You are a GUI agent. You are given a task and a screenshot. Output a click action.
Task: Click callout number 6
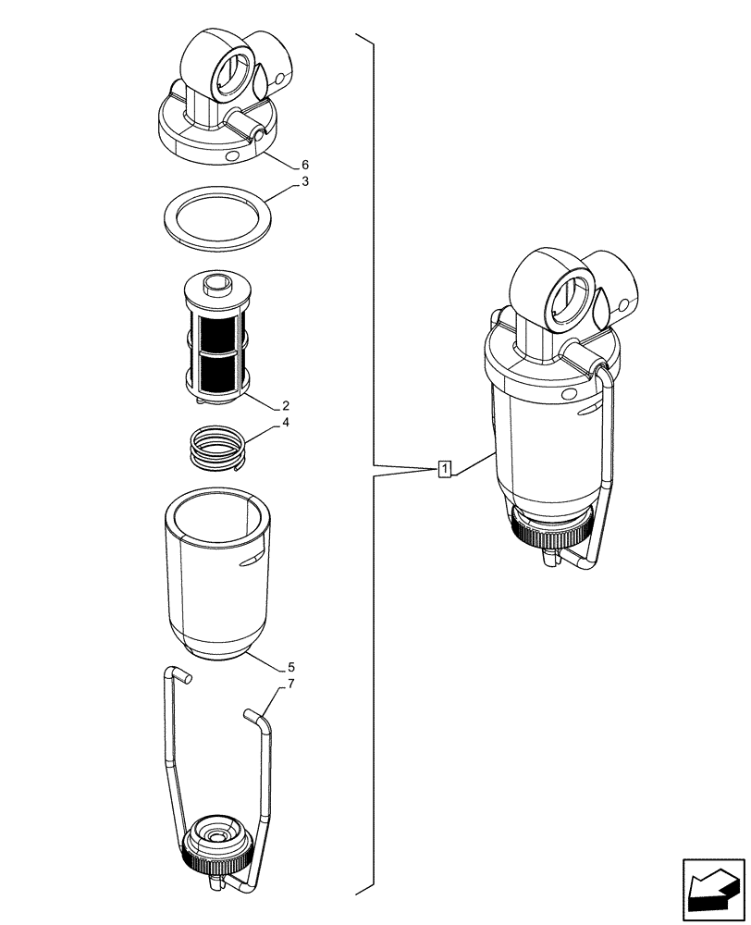(x=304, y=166)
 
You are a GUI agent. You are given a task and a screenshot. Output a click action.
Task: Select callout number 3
(x=304, y=182)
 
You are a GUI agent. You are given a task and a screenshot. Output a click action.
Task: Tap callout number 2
(x=286, y=405)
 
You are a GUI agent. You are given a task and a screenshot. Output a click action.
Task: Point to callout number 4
(x=286, y=423)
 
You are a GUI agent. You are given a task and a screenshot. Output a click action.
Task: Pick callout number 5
(x=290, y=666)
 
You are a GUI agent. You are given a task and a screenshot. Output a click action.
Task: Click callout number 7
(x=290, y=684)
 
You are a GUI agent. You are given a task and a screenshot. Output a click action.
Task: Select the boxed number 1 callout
(x=445, y=469)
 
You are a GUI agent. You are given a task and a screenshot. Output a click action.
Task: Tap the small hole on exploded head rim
(x=231, y=157)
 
